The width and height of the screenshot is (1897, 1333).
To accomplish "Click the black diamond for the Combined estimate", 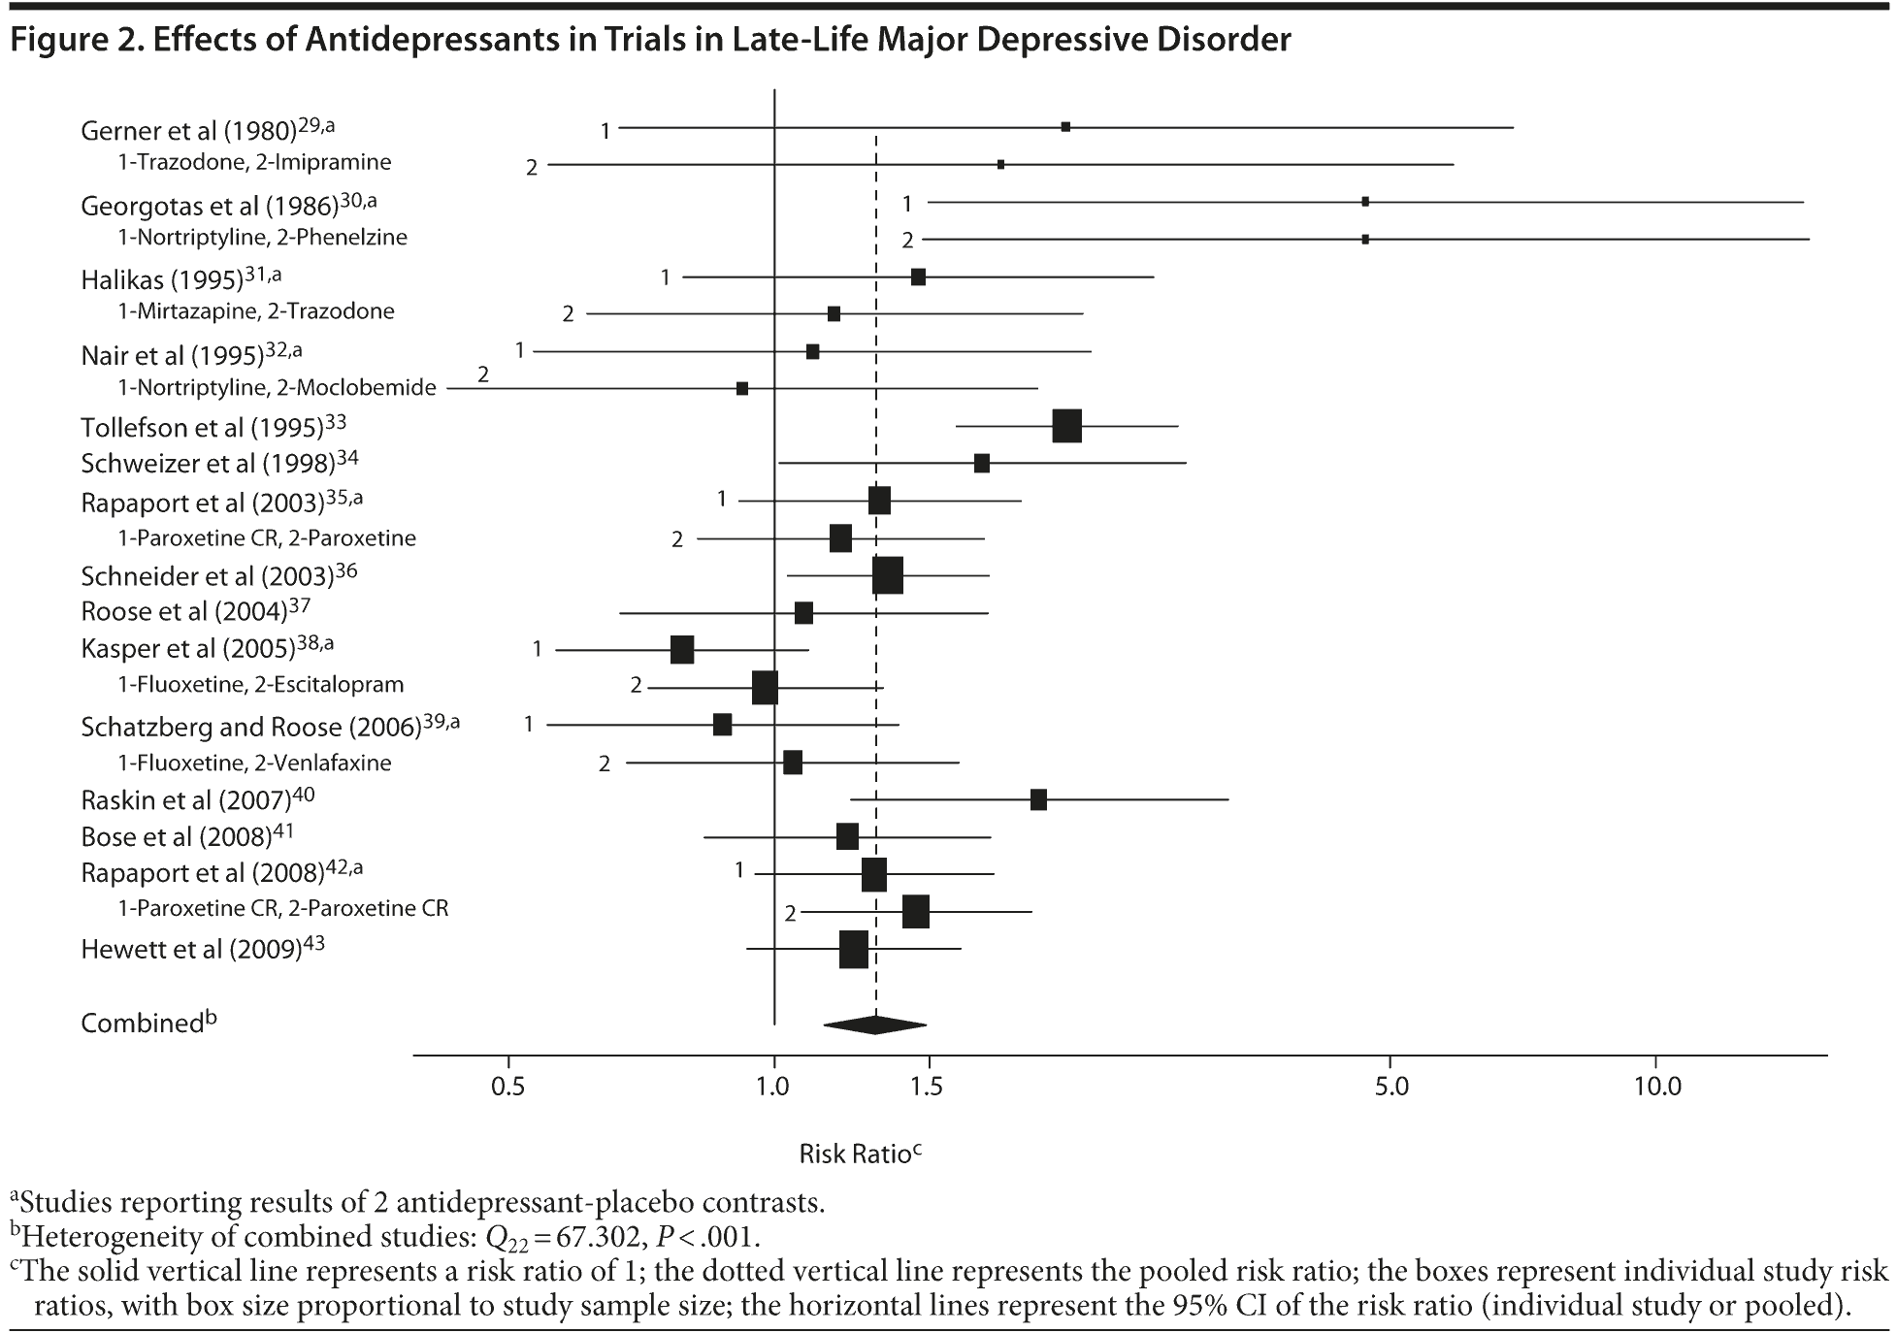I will coord(874,1024).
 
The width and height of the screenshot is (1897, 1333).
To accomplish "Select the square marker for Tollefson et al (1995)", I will coord(1066,426).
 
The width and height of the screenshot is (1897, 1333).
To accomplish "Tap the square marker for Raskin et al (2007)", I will coord(1038,799).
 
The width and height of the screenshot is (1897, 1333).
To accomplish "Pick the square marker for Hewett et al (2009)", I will coord(853,949).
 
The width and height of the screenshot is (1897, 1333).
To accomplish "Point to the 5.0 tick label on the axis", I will coord(1390,1086).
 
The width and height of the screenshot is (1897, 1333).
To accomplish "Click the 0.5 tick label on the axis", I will coord(508,1086).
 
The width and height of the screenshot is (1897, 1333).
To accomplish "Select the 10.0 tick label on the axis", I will coord(1657,1086).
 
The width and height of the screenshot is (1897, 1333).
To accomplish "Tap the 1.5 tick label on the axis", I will coord(928,1086).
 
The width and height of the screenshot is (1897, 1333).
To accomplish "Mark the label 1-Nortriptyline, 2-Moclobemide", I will coord(277,388).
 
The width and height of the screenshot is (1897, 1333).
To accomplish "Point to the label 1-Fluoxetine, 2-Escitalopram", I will coord(260,685).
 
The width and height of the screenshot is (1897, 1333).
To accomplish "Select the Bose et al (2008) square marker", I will coord(847,836).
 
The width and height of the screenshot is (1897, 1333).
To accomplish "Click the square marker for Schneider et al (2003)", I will coord(887,575).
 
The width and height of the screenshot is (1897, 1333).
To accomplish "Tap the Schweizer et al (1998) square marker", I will coord(981,463).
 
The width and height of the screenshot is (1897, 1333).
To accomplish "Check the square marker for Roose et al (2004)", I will coord(803,613).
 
